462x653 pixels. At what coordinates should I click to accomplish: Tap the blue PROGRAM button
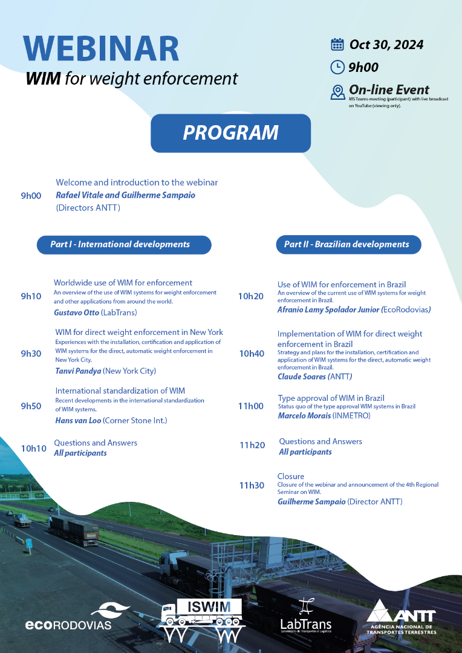[230, 133]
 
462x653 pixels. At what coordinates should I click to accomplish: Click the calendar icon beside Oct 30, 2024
[337, 45]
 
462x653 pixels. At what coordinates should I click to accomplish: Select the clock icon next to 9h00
[337, 67]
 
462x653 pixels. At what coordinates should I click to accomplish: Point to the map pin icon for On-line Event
[337, 92]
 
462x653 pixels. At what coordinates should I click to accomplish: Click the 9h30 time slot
[31, 354]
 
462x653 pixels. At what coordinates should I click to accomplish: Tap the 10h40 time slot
[251, 354]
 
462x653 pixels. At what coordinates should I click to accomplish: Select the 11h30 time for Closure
[252, 485]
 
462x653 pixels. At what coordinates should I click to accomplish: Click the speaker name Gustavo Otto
[76, 313]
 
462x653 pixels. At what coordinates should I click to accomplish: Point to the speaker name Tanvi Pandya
[78, 371]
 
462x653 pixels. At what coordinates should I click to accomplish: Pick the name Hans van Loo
[78, 420]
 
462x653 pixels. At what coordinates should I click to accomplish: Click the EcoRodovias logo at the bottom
[68, 616]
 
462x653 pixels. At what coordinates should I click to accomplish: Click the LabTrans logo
[305, 616]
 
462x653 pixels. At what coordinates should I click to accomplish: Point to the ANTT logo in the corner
[401, 616]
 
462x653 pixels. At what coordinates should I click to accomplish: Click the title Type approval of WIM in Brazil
[331, 398]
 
